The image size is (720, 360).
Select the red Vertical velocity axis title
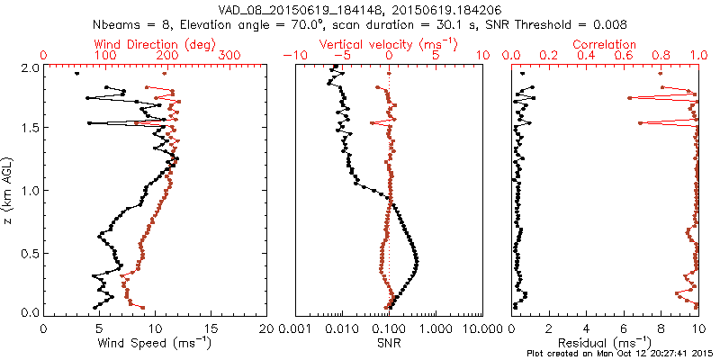click(389, 44)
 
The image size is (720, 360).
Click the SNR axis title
click(389, 343)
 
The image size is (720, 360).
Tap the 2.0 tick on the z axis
click(30, 67)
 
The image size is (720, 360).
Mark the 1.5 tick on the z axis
click(30, 129)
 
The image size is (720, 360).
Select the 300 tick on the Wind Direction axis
click(230, 56)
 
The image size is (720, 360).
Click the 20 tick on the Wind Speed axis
click(266, 328)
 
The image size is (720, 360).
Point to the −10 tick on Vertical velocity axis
click(292, 56)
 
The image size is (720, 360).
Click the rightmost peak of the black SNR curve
click(418, 261)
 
